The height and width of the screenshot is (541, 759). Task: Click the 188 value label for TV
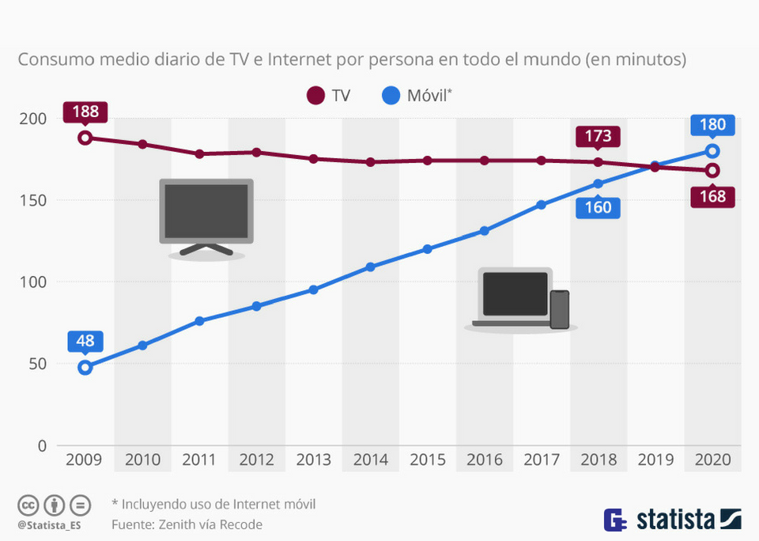click(85, 112)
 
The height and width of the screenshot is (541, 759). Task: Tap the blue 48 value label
click(85, 342)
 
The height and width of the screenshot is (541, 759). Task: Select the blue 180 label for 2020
click(712, 125)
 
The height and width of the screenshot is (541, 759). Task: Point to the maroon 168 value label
click(712, 196)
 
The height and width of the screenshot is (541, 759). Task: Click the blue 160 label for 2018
click(599, 207)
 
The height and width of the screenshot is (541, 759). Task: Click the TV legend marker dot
click(315, 96)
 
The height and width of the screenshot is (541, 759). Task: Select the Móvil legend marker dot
click(391, 96)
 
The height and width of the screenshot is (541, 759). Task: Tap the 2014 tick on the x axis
click(370, 460)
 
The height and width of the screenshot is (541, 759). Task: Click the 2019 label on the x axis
click(655, 460)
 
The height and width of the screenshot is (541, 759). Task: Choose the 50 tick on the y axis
click(37, 364)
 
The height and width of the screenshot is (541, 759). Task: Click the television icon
click(206, 215)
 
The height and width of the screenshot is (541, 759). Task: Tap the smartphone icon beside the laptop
click(560, 309)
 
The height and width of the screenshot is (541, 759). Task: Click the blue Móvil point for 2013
click(313, 289)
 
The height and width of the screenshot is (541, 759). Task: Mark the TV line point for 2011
click(199, 153)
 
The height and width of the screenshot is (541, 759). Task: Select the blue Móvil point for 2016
click(484, 231)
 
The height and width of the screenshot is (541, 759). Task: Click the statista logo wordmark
click(676, 520)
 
